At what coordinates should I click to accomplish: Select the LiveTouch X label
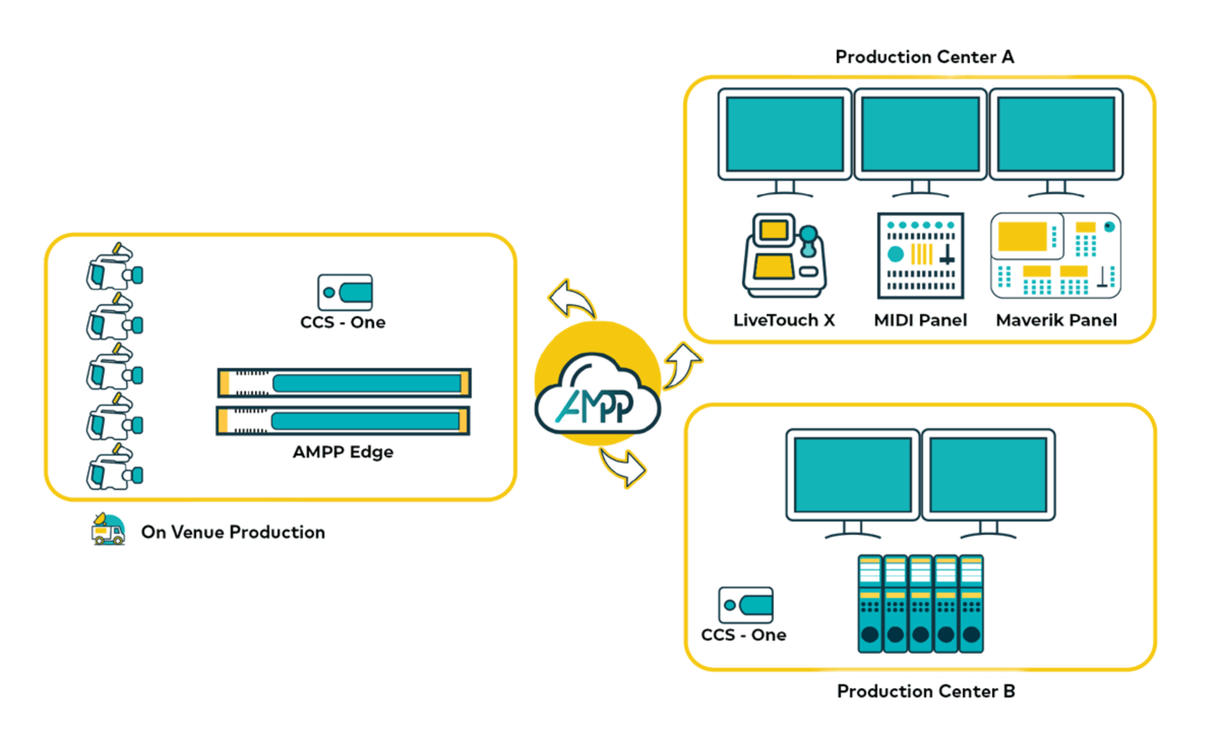[784, 320]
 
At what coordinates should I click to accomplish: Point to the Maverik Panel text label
[1056, 320]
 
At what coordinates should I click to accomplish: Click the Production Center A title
[924, 57]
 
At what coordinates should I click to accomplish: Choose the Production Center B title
[926, 691]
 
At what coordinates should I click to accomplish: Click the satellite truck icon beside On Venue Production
[108, 529]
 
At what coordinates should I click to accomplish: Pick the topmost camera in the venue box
[115, 267]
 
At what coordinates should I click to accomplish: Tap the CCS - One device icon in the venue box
[345, 292]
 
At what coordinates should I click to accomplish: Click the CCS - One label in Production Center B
[743, 635]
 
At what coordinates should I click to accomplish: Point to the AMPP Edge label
[343, 452]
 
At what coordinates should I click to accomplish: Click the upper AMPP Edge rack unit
[344, 383]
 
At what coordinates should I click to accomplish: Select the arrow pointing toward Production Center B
[624, 467]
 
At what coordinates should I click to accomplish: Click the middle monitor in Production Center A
[921, 134]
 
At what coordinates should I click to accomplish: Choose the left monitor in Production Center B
[852, 475]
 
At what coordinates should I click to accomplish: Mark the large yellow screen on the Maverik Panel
[1023, 236]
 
